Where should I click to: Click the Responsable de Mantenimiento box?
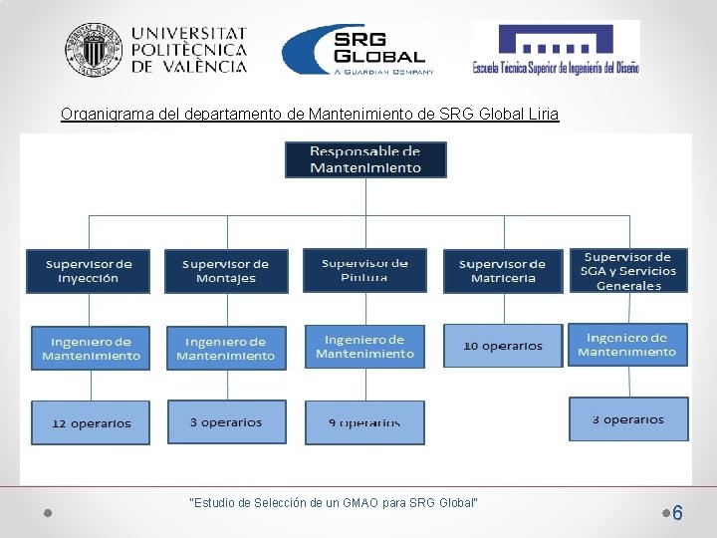(365, 159)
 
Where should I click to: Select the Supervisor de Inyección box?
(88, 271)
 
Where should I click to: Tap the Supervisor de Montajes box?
(226, 271)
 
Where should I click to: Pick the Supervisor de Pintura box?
(364, 270)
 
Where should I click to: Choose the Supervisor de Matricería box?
(503, 271)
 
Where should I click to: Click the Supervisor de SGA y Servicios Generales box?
(628, 271)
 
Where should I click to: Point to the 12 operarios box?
(91, 422)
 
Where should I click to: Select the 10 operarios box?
(503, 346)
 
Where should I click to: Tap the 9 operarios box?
(364, 422)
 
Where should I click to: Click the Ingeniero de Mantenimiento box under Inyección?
(91, 349)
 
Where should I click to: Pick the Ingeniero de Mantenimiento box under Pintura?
(364, 347)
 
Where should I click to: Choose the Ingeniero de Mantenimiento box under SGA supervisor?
(627, 345)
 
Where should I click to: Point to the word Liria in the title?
(544, 115)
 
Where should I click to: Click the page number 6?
(677, 513)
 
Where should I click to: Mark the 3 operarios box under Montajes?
(226, 422)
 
